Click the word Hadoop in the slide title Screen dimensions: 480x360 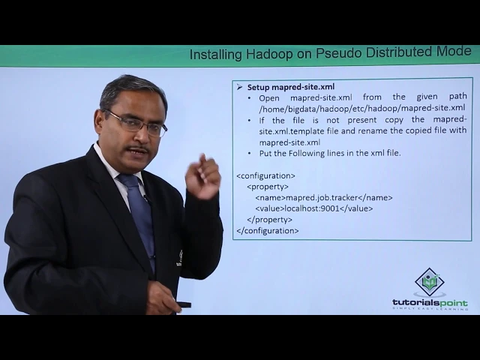(x=269, y=54)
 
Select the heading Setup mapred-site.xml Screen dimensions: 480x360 (x=291, y=87)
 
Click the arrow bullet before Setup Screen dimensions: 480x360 (x=239, y=87)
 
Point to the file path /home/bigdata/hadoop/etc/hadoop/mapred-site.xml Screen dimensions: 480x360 (x=361, y=108)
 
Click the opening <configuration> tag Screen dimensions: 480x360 (x=266, y=176)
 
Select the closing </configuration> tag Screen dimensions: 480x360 (x=268, y=231)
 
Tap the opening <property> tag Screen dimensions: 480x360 (x=268, y=187)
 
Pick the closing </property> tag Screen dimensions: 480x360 (x=269, y=220)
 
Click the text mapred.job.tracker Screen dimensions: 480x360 (x=322, y=198)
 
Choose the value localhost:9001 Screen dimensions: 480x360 (x=312, y=208)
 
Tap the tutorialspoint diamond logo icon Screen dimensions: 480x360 (x=430, y=282)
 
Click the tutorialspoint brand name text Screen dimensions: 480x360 (x=430, y=303)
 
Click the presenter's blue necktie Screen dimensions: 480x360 (x=139, y=220)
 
